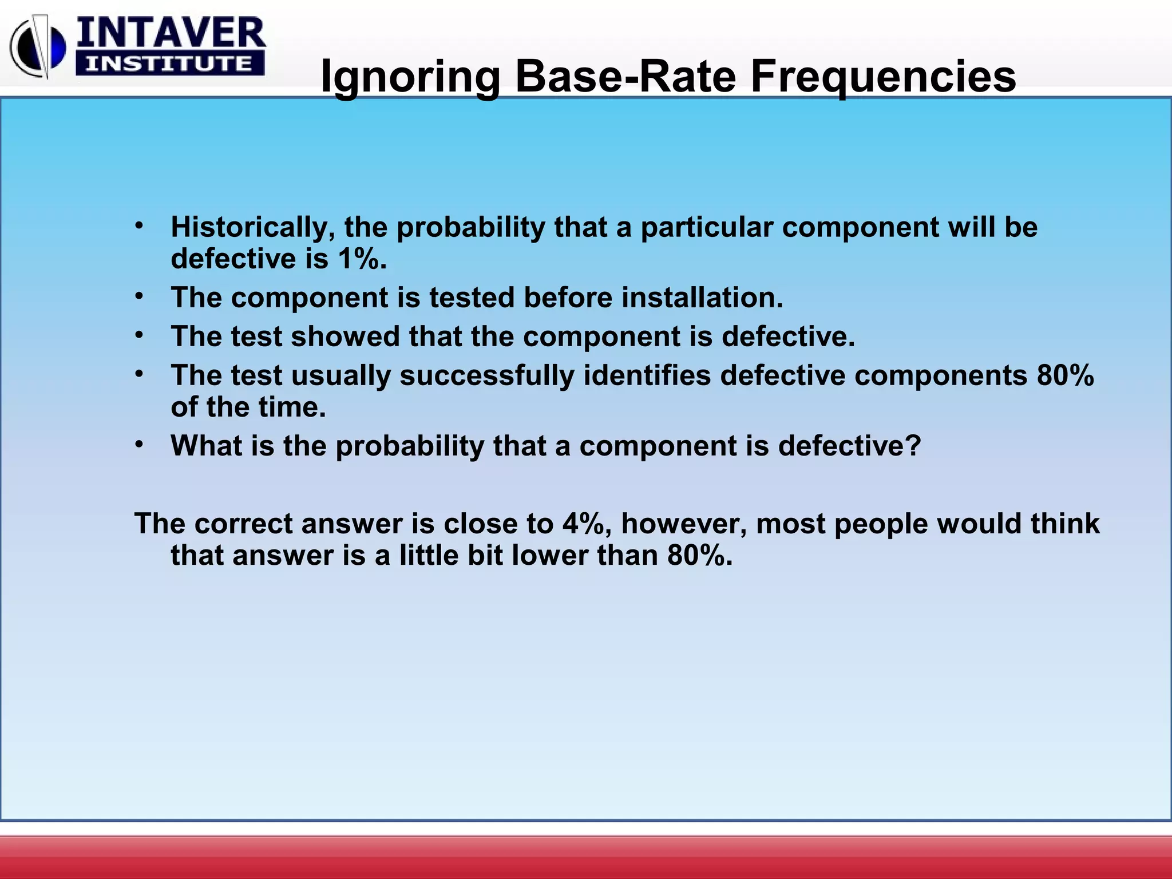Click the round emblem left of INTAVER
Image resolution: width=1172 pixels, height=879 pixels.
[38, 49]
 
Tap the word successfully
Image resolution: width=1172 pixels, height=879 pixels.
[486, 376]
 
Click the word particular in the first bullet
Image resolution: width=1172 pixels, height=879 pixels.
[707, 227]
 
